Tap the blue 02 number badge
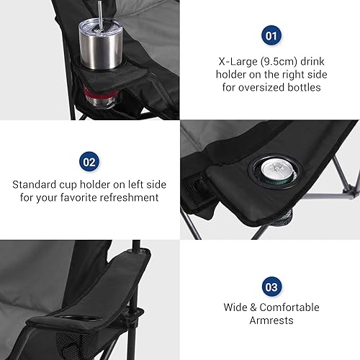[89, 163]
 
